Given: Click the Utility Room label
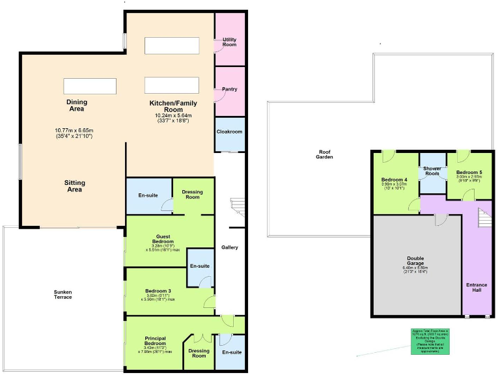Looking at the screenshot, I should click(229, 42).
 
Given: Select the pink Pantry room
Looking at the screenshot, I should click(229, 89).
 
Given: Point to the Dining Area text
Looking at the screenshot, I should click(76, 105).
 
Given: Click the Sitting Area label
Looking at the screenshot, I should click(74, 187).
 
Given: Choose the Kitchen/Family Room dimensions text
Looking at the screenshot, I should click(173, 118).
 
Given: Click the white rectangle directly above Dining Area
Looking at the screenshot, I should click(90, 86).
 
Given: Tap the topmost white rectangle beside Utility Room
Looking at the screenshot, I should click(172, 46).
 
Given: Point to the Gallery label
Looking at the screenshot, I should click(230, 247).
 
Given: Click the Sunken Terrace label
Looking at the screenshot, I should click(62, 294).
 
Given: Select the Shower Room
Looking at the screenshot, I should click(432, 171).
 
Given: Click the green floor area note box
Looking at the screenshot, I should click(429, 341).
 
